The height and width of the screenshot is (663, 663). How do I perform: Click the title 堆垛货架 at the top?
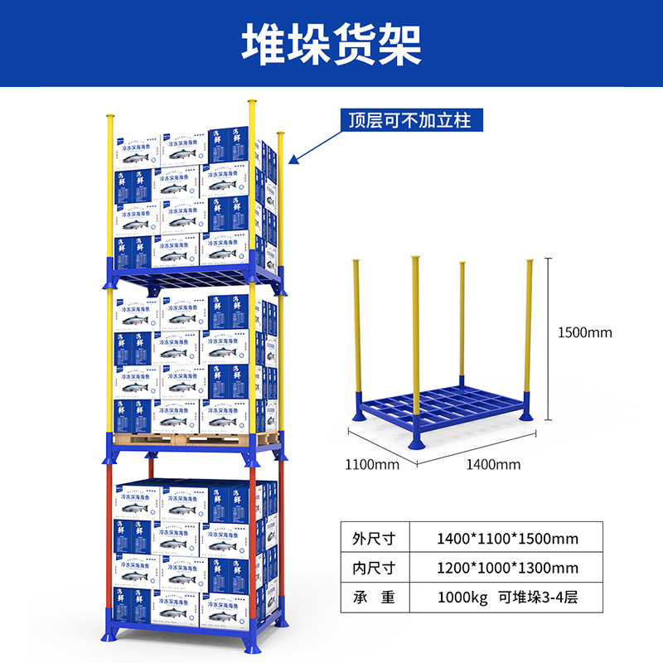tap(331, 43)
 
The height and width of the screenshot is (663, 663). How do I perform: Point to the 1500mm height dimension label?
tap(584, 332)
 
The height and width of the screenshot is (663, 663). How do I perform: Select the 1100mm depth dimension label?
tap(372, 464)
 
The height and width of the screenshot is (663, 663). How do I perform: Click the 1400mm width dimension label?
tap(493, 464)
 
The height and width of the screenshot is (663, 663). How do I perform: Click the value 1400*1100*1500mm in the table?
tap(507, 539)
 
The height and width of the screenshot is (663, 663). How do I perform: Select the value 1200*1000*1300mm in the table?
tap(507, 568)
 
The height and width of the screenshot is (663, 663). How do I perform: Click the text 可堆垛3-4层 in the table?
tap(538, 597)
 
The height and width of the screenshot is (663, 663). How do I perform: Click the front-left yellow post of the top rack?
tap(109, 191)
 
